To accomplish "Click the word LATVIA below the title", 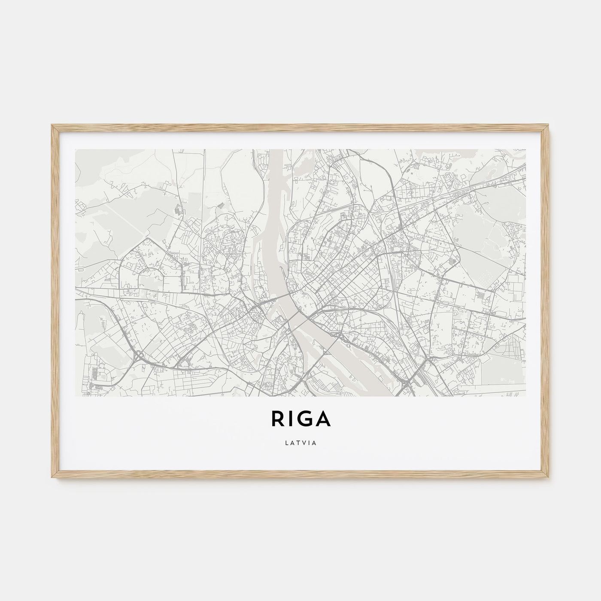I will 300,443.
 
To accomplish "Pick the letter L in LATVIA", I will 286,443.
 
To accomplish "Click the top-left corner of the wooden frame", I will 52,125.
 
